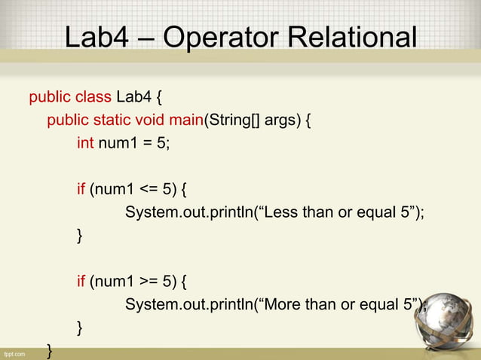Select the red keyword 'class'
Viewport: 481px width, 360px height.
click(93, 97)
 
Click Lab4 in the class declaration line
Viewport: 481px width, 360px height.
click(133, 97)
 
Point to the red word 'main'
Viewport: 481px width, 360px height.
click(188, 121)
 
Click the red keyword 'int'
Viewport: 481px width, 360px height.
click(85, 143)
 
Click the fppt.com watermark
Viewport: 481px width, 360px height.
click(14, 352)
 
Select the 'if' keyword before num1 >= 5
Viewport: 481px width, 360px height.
click(81, 282)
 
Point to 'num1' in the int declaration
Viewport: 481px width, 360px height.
click(115, 143)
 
